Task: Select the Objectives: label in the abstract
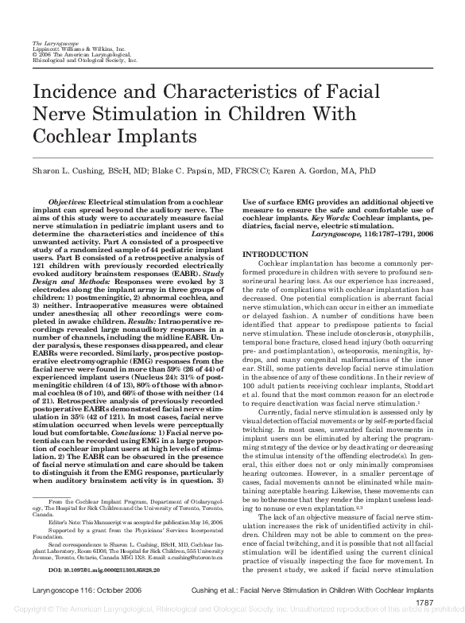(x=67, y=225)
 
